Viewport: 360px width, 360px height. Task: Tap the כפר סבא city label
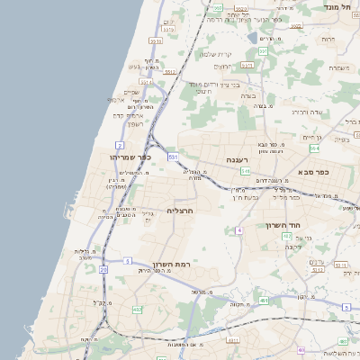tap(314, 172)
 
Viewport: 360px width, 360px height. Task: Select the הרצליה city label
tap(180, 210)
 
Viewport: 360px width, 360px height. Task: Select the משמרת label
tap(338, 67)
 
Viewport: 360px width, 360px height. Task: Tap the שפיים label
tap(132, 91)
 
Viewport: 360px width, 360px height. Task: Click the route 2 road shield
tap(120, 145)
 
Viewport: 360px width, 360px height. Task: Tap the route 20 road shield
tap(103, 269)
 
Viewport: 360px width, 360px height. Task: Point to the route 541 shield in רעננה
tap(245, 169)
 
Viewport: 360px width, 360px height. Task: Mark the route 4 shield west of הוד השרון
tap(239, 230)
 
